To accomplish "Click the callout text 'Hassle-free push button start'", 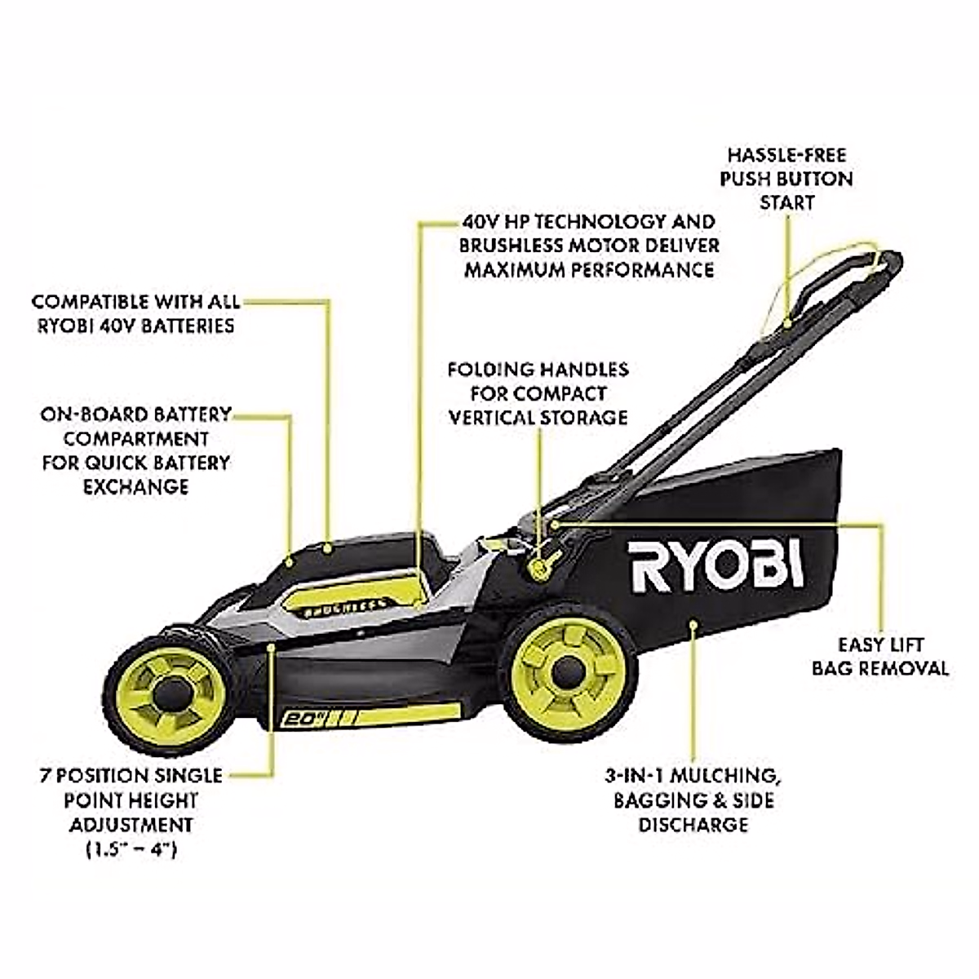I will coord(786,178).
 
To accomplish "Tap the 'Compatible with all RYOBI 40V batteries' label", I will coord(135,313).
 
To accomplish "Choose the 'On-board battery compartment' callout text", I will coord(135,450).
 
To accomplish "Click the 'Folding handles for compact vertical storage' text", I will coord(538,394).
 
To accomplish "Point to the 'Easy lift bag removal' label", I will coord(879,657).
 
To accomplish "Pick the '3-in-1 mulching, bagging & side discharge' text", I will coord(693,799).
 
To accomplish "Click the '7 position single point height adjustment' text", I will coord(131,800).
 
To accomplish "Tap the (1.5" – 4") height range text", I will coord(131,849).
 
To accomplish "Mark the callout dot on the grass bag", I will coord(693,626).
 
